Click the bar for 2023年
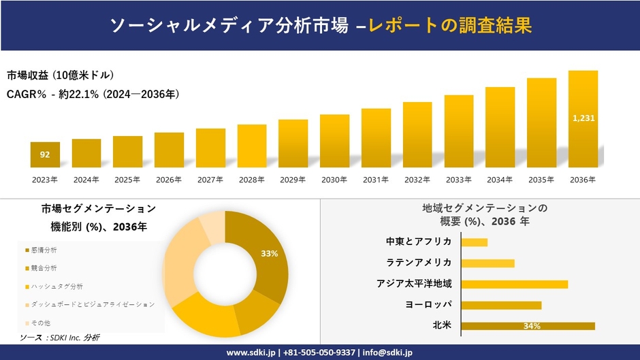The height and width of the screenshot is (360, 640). point(45,154)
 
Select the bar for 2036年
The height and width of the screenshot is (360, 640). point(583,119)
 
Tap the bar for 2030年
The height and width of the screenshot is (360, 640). point(334,141)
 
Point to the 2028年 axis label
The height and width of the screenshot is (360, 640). point(251,180)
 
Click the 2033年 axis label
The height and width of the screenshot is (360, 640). point(459,180)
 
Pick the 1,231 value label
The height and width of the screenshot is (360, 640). point(583,118)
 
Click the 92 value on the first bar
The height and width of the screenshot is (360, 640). point(45,154)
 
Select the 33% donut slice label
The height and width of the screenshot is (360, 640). point(270,253)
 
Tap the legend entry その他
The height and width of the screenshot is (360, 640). point(40,322)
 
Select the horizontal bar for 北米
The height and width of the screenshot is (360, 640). point(528,326)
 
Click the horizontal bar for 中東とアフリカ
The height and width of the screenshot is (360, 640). point(475,242)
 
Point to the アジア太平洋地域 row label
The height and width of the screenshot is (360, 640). point(414,284)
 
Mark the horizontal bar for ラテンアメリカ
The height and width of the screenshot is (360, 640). point(487,263)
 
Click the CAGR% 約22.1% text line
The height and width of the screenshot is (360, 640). point(93,95)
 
